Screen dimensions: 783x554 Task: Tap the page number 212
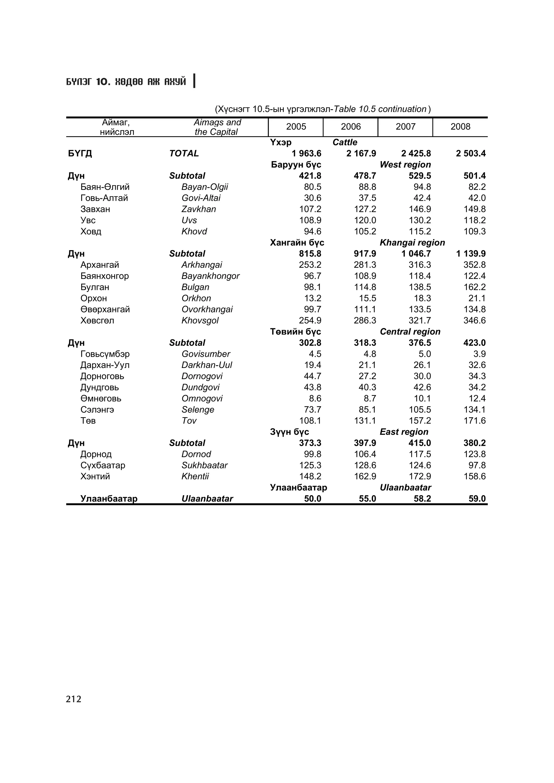click(74, 699)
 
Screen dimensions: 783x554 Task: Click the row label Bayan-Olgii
click(205, 187)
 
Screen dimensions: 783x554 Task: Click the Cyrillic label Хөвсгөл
click(97, 320)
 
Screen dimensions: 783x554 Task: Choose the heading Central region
click(410, 332)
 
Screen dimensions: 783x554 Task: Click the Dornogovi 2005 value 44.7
click(312, 376)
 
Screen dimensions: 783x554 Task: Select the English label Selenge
click(198, 410)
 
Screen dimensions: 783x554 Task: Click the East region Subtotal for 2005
click(310, 443)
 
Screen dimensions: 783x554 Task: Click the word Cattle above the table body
click(345, 142)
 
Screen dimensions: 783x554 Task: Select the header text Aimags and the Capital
click(217, 127)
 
